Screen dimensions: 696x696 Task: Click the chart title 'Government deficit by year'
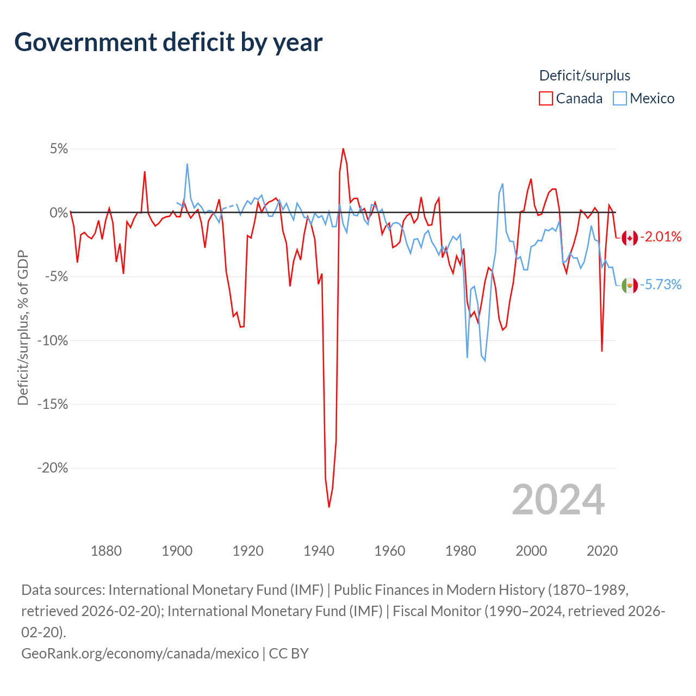pyautogui.click(x=169, y=42)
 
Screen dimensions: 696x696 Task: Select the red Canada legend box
pyautogui.click(x=545, y=98)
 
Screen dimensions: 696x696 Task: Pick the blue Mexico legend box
pyautogui.click(x=619, y=98)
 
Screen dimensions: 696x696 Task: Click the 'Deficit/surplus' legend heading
pyautogui.click(x=585, y=76)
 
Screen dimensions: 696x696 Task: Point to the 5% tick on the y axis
pyautogui.click(x=59, y=149)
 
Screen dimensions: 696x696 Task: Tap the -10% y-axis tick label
pyautogui.click(x=52, y=341)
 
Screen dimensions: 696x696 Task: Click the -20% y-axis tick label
pyautogui.click(x=52, y=468)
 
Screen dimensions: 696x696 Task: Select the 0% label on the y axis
pyautogui.click(x=59, y=213)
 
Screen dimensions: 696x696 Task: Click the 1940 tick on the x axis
pyautogui.click(x=319, y=551)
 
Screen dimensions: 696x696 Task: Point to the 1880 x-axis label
pyautogui.click(x=106, y=551)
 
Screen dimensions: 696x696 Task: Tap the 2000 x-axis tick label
pyautogui.click(x=531, y=551)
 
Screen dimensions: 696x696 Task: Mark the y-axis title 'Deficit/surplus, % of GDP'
pyautogui.click(x=23, y=328)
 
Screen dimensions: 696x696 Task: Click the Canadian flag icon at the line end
pyautogui.click(x=630, y=238)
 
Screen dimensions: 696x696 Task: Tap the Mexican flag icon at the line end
pyautogui.click(x=630, y=285)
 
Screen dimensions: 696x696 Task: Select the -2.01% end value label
pyautogui.click(x=661, y=237)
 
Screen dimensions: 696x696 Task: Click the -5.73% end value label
pyautogui.click(x=661, y=284)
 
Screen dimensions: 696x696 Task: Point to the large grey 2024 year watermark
pyautogui.click(x=558, y=500)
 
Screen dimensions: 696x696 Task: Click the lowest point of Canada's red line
pyautogui.click(x=329, y=507)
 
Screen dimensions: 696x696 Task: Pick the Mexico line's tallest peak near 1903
pyautogui.click(x=187, y=164)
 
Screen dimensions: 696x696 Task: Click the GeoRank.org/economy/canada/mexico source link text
pyautogui.click(x=140, y=653)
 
